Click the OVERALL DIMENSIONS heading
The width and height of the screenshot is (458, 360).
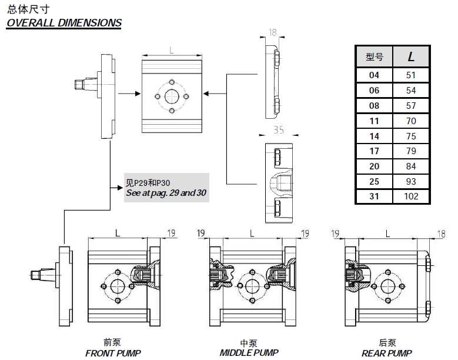pos(63,23)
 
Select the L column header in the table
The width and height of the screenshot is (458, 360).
pos(411,56)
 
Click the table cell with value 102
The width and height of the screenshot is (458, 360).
pos(411,196)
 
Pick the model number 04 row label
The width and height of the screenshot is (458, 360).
pos(374,75)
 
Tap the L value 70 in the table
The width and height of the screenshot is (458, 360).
pos(411,121)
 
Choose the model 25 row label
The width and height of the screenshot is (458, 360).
pos(374,181)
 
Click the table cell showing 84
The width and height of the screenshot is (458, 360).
pos(411,166)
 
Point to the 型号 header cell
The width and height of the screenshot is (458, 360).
pos(374,56)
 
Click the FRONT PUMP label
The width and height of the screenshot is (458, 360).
pos(113,353)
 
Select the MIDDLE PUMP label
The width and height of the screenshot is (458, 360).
pos(249,353)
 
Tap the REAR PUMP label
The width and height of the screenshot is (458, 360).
pos(387,353)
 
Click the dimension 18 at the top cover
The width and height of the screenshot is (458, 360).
pos(272,34)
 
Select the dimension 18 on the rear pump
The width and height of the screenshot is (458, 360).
pos(441,234)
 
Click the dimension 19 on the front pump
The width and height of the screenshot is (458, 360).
pos(172,234)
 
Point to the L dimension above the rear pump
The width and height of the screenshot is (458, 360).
pos(388,234)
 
